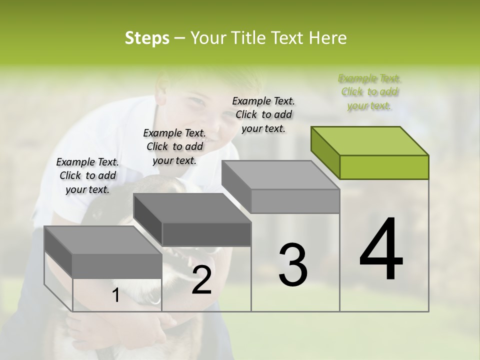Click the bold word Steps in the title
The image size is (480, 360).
[x=147, y=38]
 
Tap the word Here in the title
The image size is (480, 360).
[x=329, y=38]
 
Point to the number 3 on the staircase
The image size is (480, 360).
[x=292, y=264]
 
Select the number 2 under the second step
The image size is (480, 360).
[x=201, y=280]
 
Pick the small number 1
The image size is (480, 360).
[x=115, y=295]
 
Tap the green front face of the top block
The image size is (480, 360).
[x=384, y=167]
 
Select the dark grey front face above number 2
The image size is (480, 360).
[x=206, y=234]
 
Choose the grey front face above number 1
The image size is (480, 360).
[x=117, y=265]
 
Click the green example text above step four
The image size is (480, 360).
[x=370, y=92]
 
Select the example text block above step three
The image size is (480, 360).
[x=263, y=114]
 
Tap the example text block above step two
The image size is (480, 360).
[x=174, y=146]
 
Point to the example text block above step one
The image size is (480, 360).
[x=87, y=175]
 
